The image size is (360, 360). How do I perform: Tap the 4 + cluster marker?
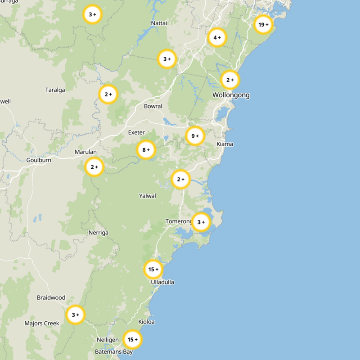[x=217, y=38]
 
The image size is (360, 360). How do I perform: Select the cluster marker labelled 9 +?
[x=194, y=136]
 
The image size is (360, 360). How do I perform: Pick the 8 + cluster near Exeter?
[x=146, y=150]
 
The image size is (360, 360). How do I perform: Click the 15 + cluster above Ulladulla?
[x=153, y=270]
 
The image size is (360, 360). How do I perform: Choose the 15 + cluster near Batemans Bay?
[x=132, y=339]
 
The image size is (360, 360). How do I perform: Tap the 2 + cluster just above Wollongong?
[x=229, y=80]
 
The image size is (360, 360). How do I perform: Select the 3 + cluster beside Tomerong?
[x=201, y=222]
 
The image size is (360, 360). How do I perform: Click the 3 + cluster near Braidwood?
[x=75, y=315]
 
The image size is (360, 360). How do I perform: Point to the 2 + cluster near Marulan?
[x=94, y=167]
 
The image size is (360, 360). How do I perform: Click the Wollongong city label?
[x=231, y=95]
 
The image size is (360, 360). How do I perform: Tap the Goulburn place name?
[x=39, y=160]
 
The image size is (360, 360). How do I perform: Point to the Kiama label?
[x=225, y=144]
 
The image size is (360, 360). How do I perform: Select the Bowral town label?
[x=153, y=106]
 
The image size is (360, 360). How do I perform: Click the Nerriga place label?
[x=99, y=233]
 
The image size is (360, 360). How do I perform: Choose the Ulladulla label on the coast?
[x=162, y=282]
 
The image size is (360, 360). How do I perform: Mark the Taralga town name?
[x=55, y=90]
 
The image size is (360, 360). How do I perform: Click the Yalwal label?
[x=148, y=196]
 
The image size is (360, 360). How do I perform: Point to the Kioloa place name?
[x=147, y=322]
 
